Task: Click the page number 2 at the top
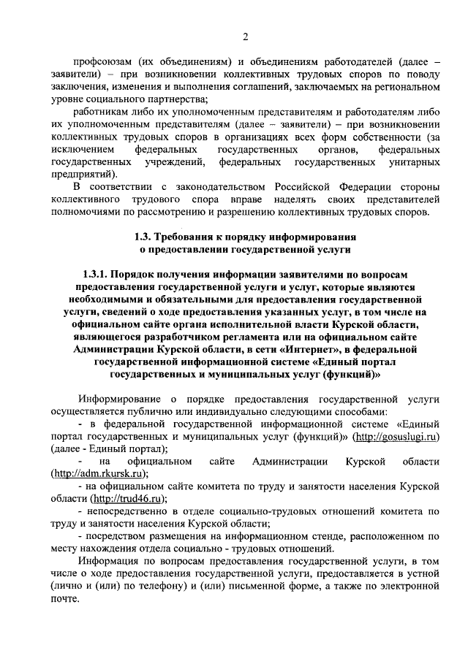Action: tap(246, 37)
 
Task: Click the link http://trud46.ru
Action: tap(126, 499)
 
